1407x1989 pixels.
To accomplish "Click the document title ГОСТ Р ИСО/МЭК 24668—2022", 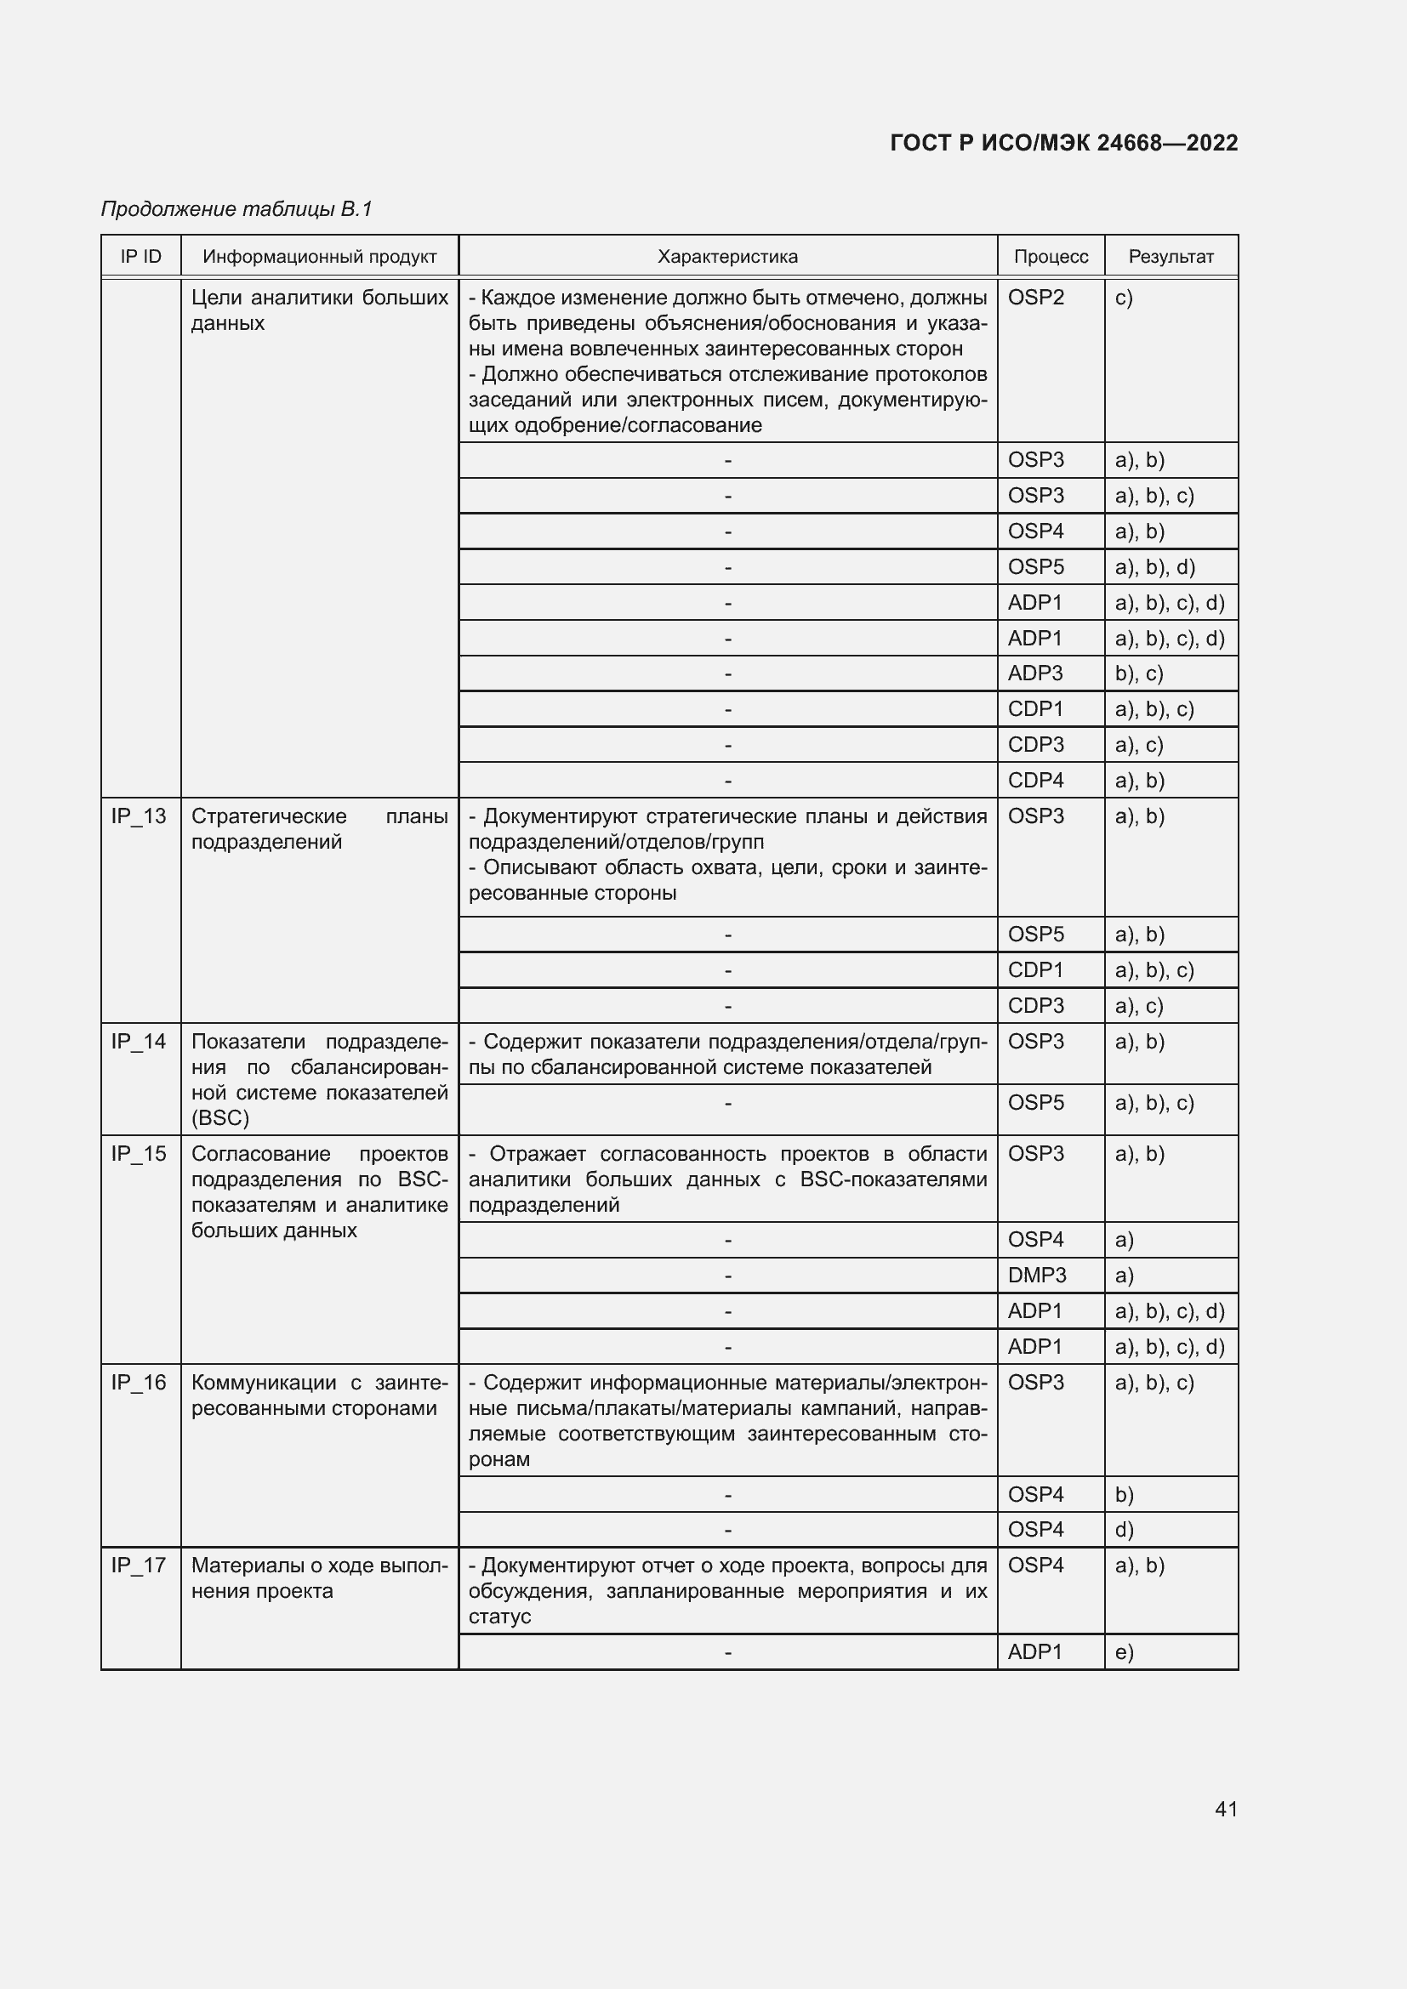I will pyautogui.click(x=1063, y=143).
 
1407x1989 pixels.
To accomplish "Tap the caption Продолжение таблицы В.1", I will pyautogui.click(x=236, y=209).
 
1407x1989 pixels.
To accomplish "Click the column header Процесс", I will pyautogui.click(x=1050, y=257).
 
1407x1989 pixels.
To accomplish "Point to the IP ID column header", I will pyautogui.click(x=140, y=257).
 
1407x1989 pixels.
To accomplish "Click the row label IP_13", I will pyautogui.click(x=139, y=816).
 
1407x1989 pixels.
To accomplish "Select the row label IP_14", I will pyautogui.click(x=139, y=1042).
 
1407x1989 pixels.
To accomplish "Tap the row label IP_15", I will pyautogui.click(x=139, y=1154).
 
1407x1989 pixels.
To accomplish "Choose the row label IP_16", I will pyautogui.click(x=139, y=1383).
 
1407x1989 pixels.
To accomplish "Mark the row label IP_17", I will pyautogui.click(x=139, y=1566).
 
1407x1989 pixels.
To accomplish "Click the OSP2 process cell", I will pyautogui.click(x=1035, y=298).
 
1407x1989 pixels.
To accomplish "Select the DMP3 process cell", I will pyautogui.click(x=1037, y=1276).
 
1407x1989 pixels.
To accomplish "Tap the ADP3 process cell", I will pyautogui.click(x=1035, y=673).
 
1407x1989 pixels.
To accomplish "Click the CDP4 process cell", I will pyautogui.click(x=1035, y=781).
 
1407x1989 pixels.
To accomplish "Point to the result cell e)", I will pyautogui.click(x=1124, y=1652).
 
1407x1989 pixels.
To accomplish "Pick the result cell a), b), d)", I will pyautogui.click(x=1154, y=567).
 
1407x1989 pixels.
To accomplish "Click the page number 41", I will pyautogui.click(x=1225, y=1809).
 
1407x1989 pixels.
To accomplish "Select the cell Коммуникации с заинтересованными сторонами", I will pyautogui.click(x=319, y=1395).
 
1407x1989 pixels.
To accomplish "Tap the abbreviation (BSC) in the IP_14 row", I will pyautogui.click(x=220, y=1118).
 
